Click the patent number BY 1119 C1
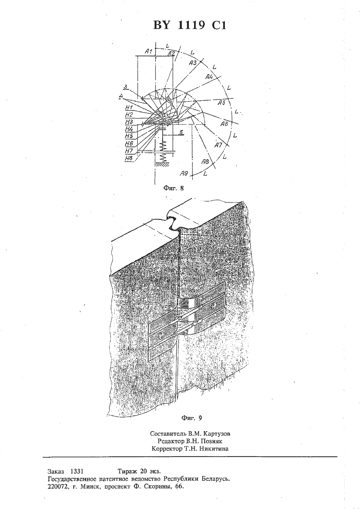(190, 25)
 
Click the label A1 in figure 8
(149, 51)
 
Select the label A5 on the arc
(221, 103)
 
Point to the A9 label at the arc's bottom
(184, 173)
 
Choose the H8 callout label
(129, 158)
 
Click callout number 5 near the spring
(181, 132)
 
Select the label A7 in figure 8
(218, 145)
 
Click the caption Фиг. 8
(173, 188)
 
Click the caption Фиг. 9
(191, 418)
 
